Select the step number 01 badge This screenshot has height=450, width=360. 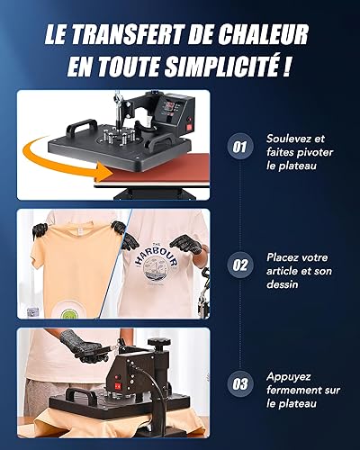239,147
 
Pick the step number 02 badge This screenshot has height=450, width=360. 239,265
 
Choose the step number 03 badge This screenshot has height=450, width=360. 239,384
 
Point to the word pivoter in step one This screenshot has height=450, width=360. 315,153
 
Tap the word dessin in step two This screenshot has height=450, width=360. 283,284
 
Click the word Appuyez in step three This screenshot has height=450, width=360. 289,377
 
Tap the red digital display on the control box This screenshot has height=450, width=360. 170,105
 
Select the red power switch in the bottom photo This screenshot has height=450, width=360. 117,386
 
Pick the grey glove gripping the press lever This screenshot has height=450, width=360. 81,346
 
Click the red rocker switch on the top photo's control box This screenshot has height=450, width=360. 190,126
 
